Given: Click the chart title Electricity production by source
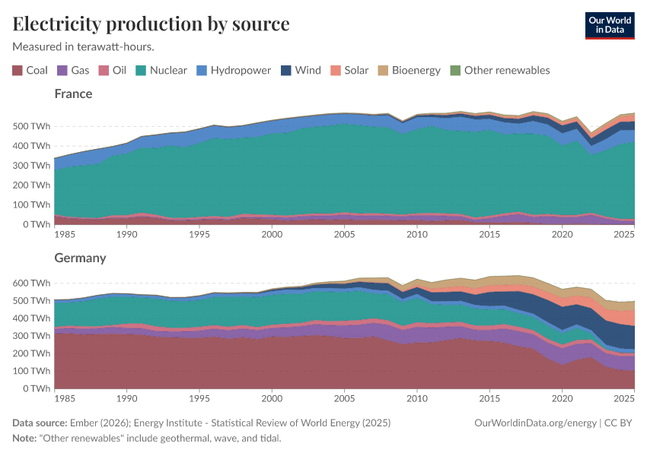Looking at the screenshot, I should (151, 24).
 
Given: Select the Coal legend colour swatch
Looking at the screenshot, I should (18, 71).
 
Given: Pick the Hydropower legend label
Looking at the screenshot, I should (241, 71).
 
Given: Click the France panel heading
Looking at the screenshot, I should (73, 94).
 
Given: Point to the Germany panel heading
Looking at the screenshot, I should (80, 258).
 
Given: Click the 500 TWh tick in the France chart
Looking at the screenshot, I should (32, 126).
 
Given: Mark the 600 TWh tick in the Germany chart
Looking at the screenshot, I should (32, 283).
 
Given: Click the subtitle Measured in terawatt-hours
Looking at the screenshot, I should (84, 46).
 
